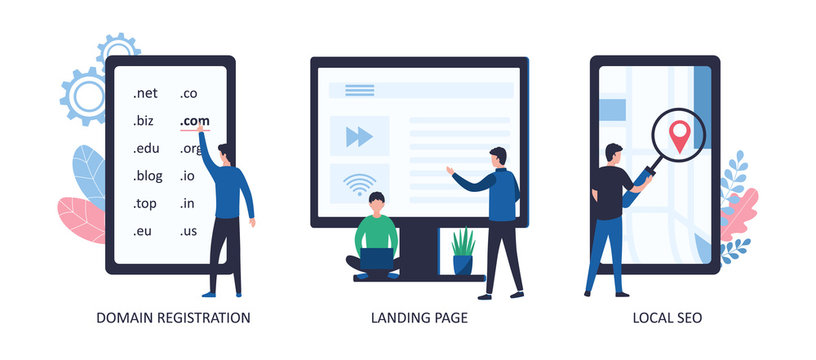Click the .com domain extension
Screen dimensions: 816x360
[x=195, y=121]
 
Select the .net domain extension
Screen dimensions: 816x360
[x=145, y=94]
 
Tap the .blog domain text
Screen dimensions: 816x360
[x=147, y=176]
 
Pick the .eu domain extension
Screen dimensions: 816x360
[x=143, y=231]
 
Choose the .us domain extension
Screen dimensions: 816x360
[x=188, y=231]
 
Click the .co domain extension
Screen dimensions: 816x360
[x=188, y=94]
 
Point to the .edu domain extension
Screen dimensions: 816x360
[x=146, y=149]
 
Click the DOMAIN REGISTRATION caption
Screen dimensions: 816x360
[x=173, y=318]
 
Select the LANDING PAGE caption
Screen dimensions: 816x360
[x=418, y=318]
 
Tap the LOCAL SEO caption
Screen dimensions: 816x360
[x=667, y=318]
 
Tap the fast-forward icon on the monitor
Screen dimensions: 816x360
[x=359, y=136]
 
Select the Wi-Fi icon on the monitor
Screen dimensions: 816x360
[x=359, y=184]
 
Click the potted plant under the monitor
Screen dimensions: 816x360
[x=463, y=251]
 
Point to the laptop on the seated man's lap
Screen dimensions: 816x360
[x=376, y=259]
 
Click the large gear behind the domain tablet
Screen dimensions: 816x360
[x=84, y=97]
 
